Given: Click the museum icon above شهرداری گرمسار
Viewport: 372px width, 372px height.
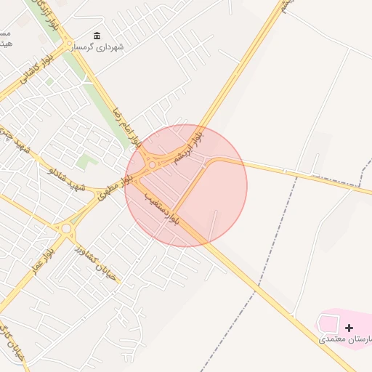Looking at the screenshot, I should [x=97, y=36].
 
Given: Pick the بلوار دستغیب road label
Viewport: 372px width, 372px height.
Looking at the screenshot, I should [x=161, y=209].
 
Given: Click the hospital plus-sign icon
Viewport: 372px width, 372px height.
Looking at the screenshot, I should [x=349, y=328].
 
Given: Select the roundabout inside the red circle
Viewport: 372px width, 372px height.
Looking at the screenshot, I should [x=152, y=165].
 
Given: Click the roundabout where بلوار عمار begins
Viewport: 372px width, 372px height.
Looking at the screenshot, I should [x=66, y=228].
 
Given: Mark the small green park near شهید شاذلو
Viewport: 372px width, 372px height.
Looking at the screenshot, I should [x=86, y=162].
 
